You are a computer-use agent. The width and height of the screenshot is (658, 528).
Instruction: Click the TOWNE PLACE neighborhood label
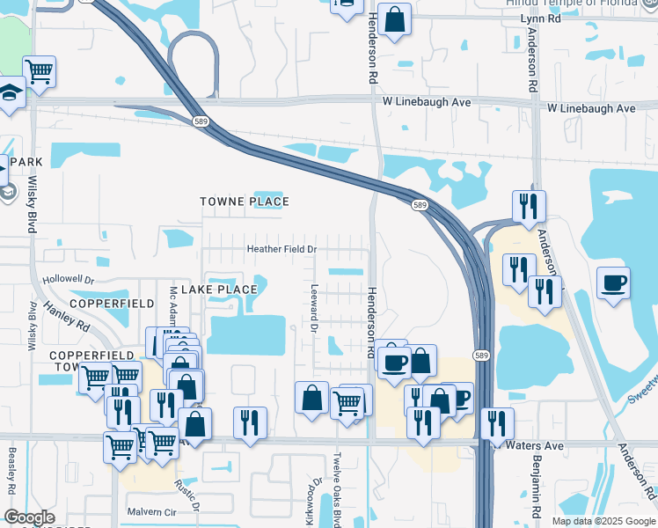pos(244,202)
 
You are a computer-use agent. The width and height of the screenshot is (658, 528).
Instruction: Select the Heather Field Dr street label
pos(281,249)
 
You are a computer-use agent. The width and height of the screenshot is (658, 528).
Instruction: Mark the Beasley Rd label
pos(11,472)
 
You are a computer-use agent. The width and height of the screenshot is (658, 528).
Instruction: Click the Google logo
pos(29,517)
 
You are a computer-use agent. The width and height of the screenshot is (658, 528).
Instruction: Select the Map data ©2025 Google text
pos(603,521)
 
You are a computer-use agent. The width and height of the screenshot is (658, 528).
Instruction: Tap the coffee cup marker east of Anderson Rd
pos(613,283)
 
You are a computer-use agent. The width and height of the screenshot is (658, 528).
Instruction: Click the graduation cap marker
pos(10,92)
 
